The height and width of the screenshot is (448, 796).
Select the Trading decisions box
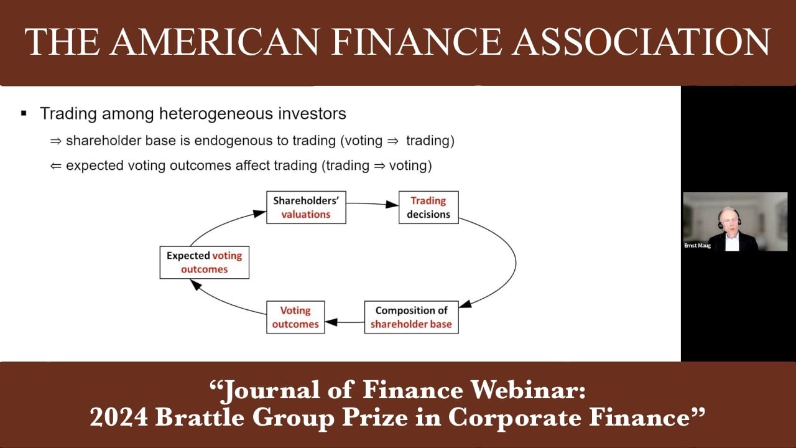[428, 208]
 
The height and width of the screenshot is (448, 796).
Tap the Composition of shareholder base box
[411, 317]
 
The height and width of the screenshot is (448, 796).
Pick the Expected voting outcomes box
[204, 263]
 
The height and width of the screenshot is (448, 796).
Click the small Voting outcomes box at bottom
[295, 317]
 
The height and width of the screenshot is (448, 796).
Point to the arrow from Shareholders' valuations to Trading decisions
[372, 203]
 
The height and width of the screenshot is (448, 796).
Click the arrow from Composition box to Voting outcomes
[344, 322]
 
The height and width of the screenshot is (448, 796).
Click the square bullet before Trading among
[24, 113]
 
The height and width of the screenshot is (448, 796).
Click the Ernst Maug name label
[697, 246]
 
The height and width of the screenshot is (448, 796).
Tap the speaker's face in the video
[727, 220]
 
